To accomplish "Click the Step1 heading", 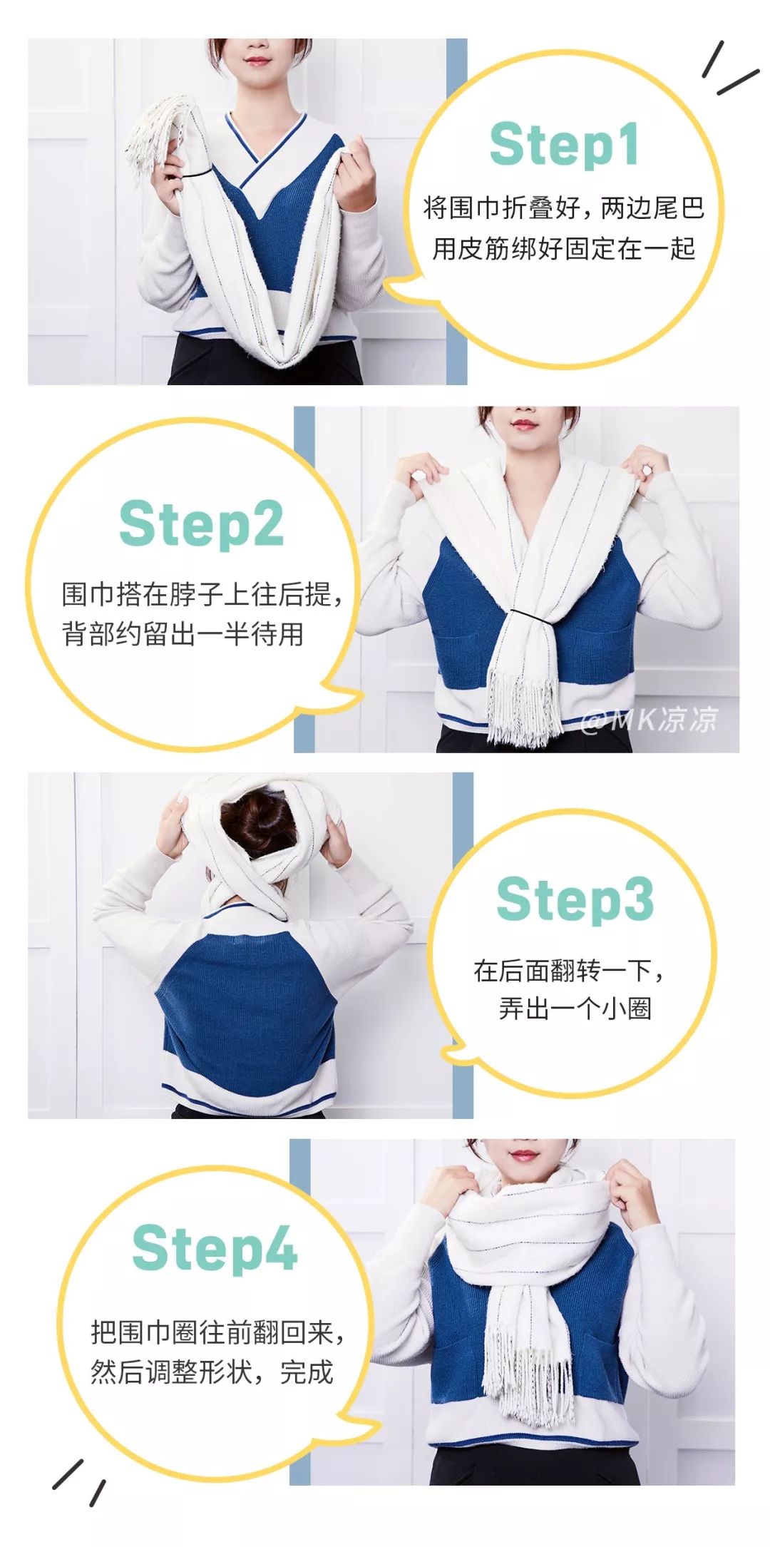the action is tap(563, 145).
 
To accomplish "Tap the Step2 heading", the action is tap(201, 524).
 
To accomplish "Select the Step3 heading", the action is tap(575, 899).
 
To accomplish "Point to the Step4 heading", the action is tap(215, 1249).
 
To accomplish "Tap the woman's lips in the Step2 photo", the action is tap(524, 426).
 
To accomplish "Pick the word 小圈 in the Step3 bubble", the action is tap(627, 1009).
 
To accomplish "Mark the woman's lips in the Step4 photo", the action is tap(523, 1155).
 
